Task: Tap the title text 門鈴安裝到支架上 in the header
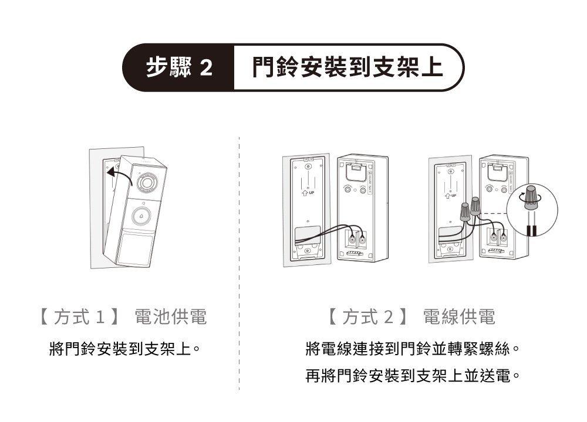348,68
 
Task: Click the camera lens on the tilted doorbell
147,183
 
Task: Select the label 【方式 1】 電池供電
122,317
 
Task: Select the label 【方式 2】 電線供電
411,317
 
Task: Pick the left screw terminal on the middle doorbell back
352,239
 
